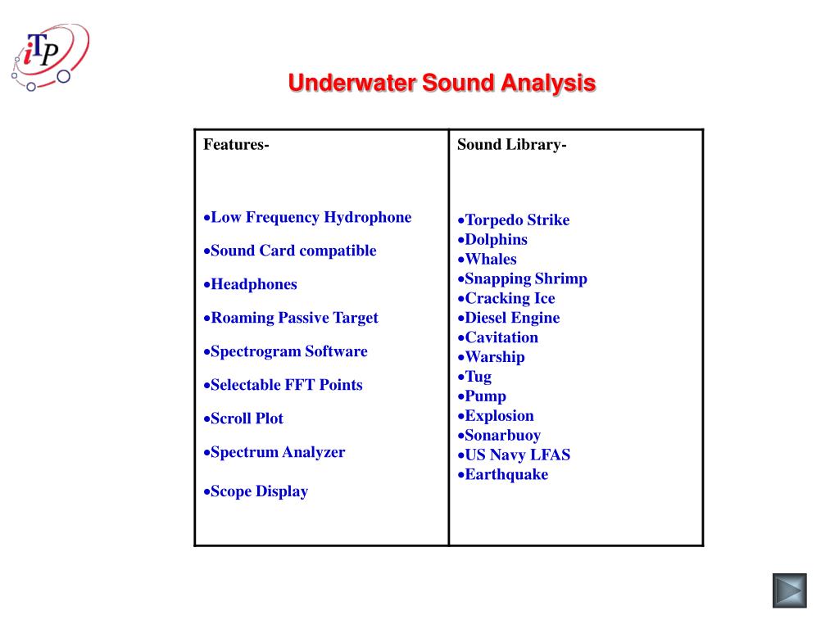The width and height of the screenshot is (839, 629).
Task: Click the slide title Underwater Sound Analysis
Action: click(442, 83)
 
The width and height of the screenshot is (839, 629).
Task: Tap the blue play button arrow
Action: click(789, 591)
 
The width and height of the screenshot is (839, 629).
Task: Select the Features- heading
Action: click(236, 145)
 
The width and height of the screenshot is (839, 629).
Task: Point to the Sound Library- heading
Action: click(511, 145)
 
